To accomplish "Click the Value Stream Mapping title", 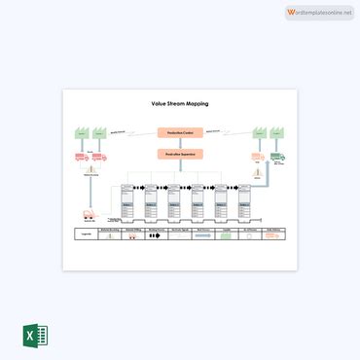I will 179,103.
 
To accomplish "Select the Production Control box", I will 179,131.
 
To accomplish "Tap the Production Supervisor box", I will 179,153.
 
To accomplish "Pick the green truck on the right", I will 277,156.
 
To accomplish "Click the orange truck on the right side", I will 257,156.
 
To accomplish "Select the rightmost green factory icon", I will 277,134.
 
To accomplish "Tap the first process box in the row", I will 126,202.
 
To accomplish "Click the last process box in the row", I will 246,202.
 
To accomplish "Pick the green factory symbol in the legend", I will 106,235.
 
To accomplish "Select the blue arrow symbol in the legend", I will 202,235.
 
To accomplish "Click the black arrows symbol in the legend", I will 155,235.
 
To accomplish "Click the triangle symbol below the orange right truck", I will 257,172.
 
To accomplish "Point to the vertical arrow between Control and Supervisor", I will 179,142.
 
